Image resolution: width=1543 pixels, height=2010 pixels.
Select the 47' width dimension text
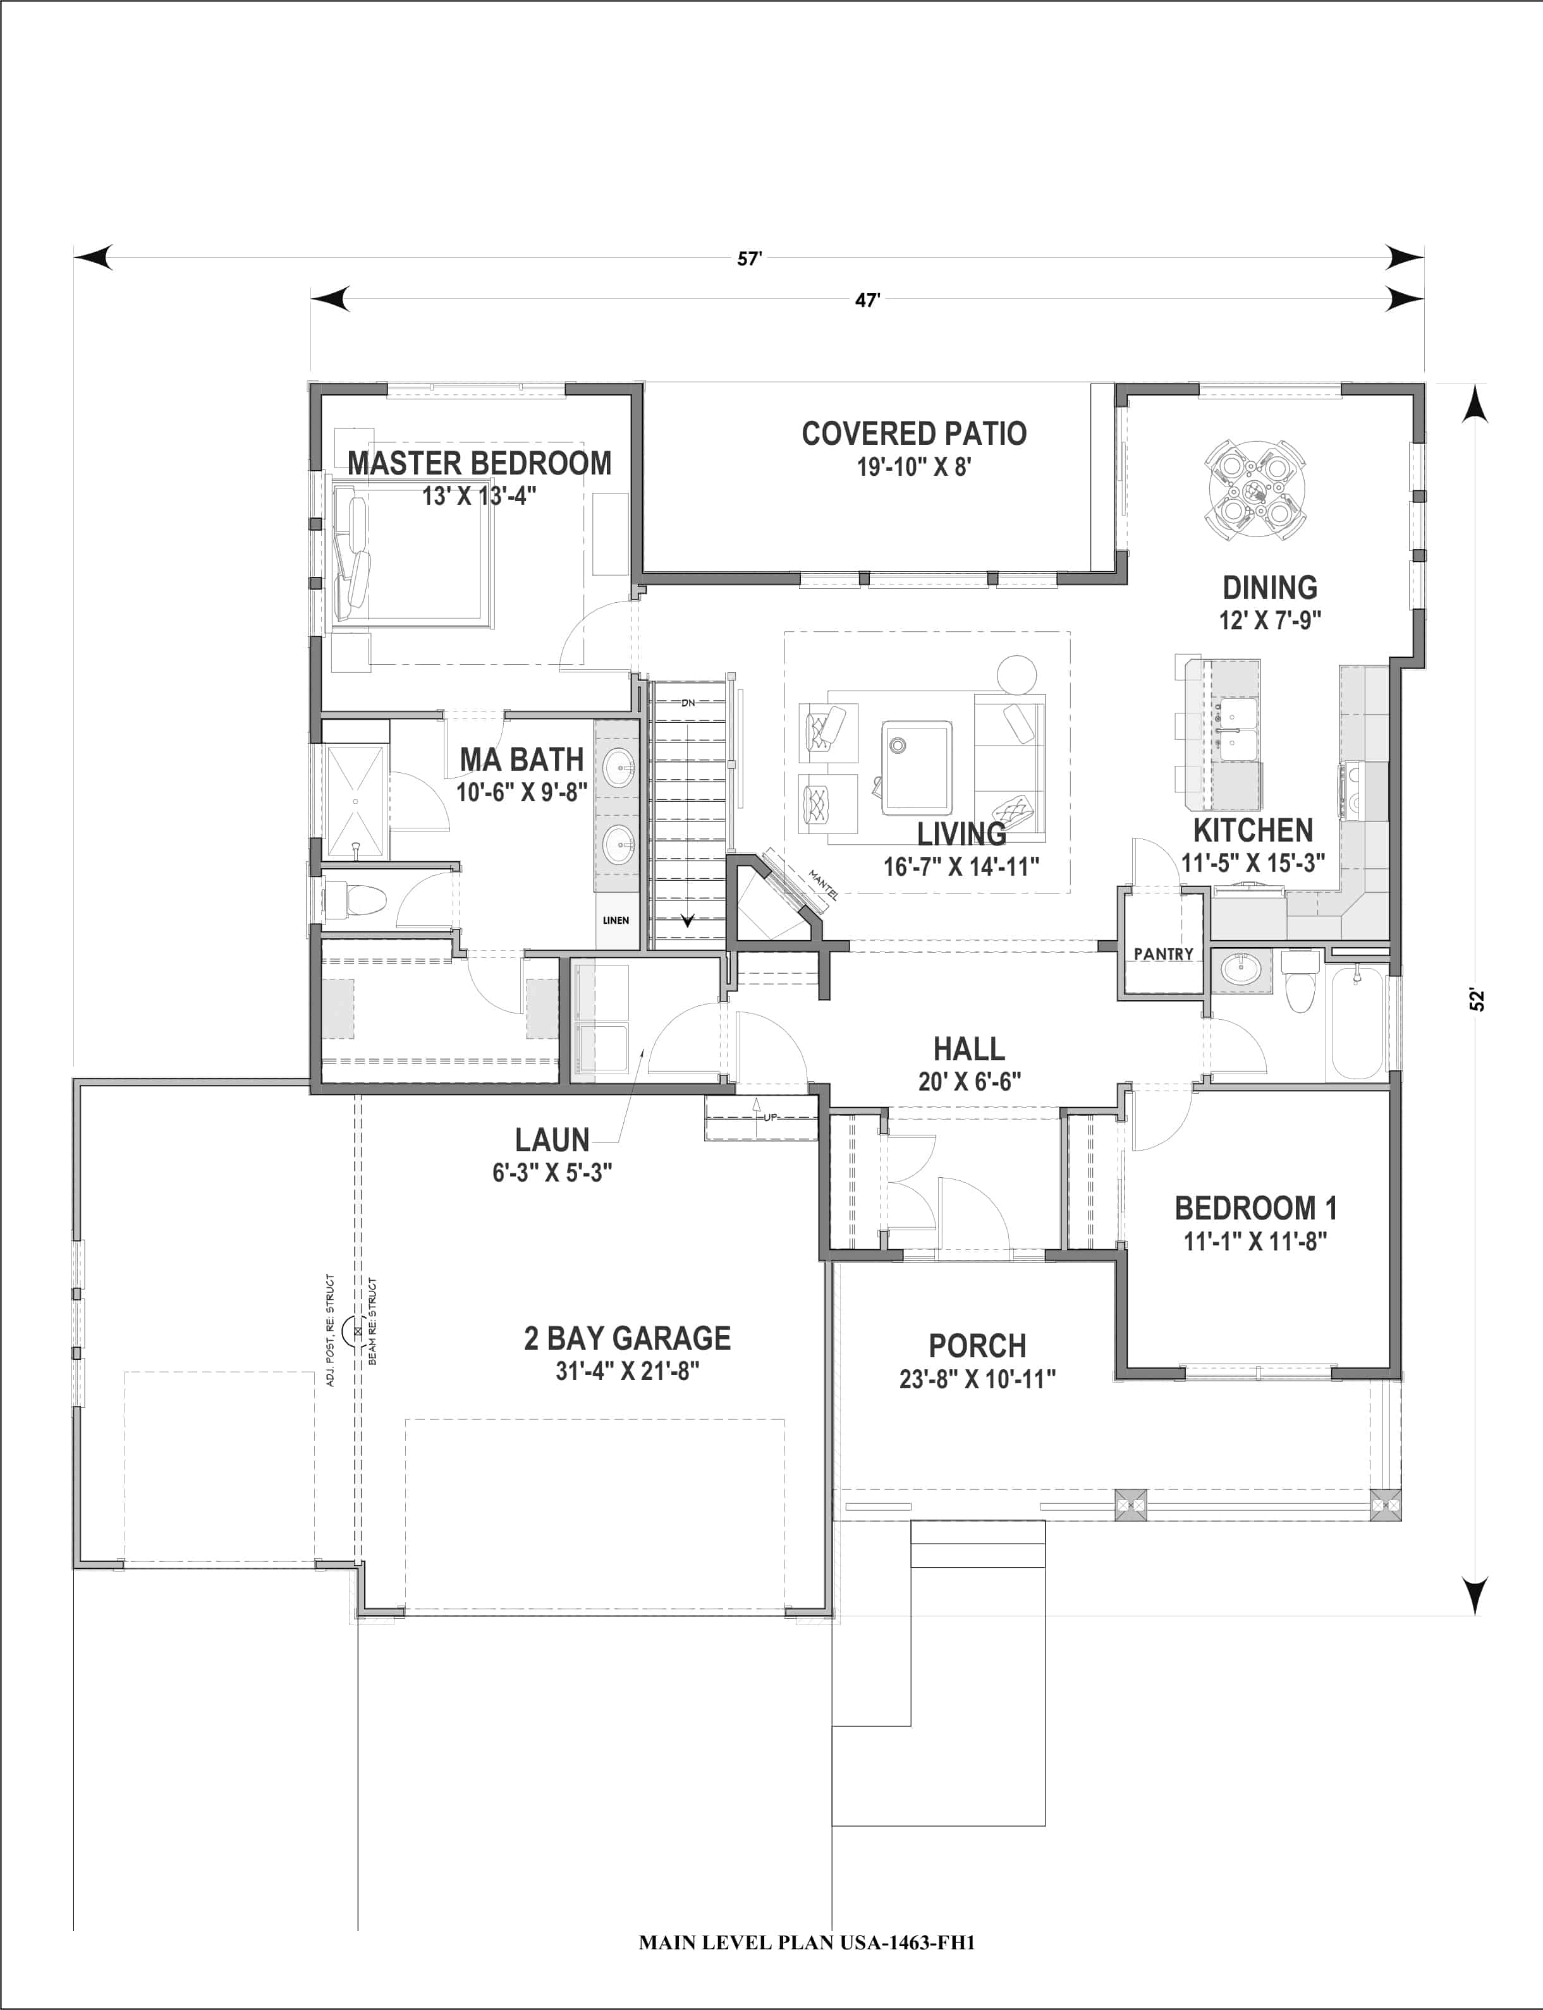[x=867, y=300]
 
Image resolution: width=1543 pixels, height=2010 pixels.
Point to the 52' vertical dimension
[x=1477, y=999]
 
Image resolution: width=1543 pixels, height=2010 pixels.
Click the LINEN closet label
[x=615, y=920]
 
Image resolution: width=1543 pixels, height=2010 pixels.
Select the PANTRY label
[x=1162, y=954]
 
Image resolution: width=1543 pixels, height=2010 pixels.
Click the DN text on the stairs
[x=688, y=703]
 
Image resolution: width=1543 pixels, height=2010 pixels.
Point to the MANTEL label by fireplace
[x=821, y=883]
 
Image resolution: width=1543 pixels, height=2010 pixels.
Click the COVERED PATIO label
[x=914, y=433]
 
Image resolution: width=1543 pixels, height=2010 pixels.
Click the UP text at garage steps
[x=770, y=1117]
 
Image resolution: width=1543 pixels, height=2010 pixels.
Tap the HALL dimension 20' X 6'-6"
[x=969, y=1082]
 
